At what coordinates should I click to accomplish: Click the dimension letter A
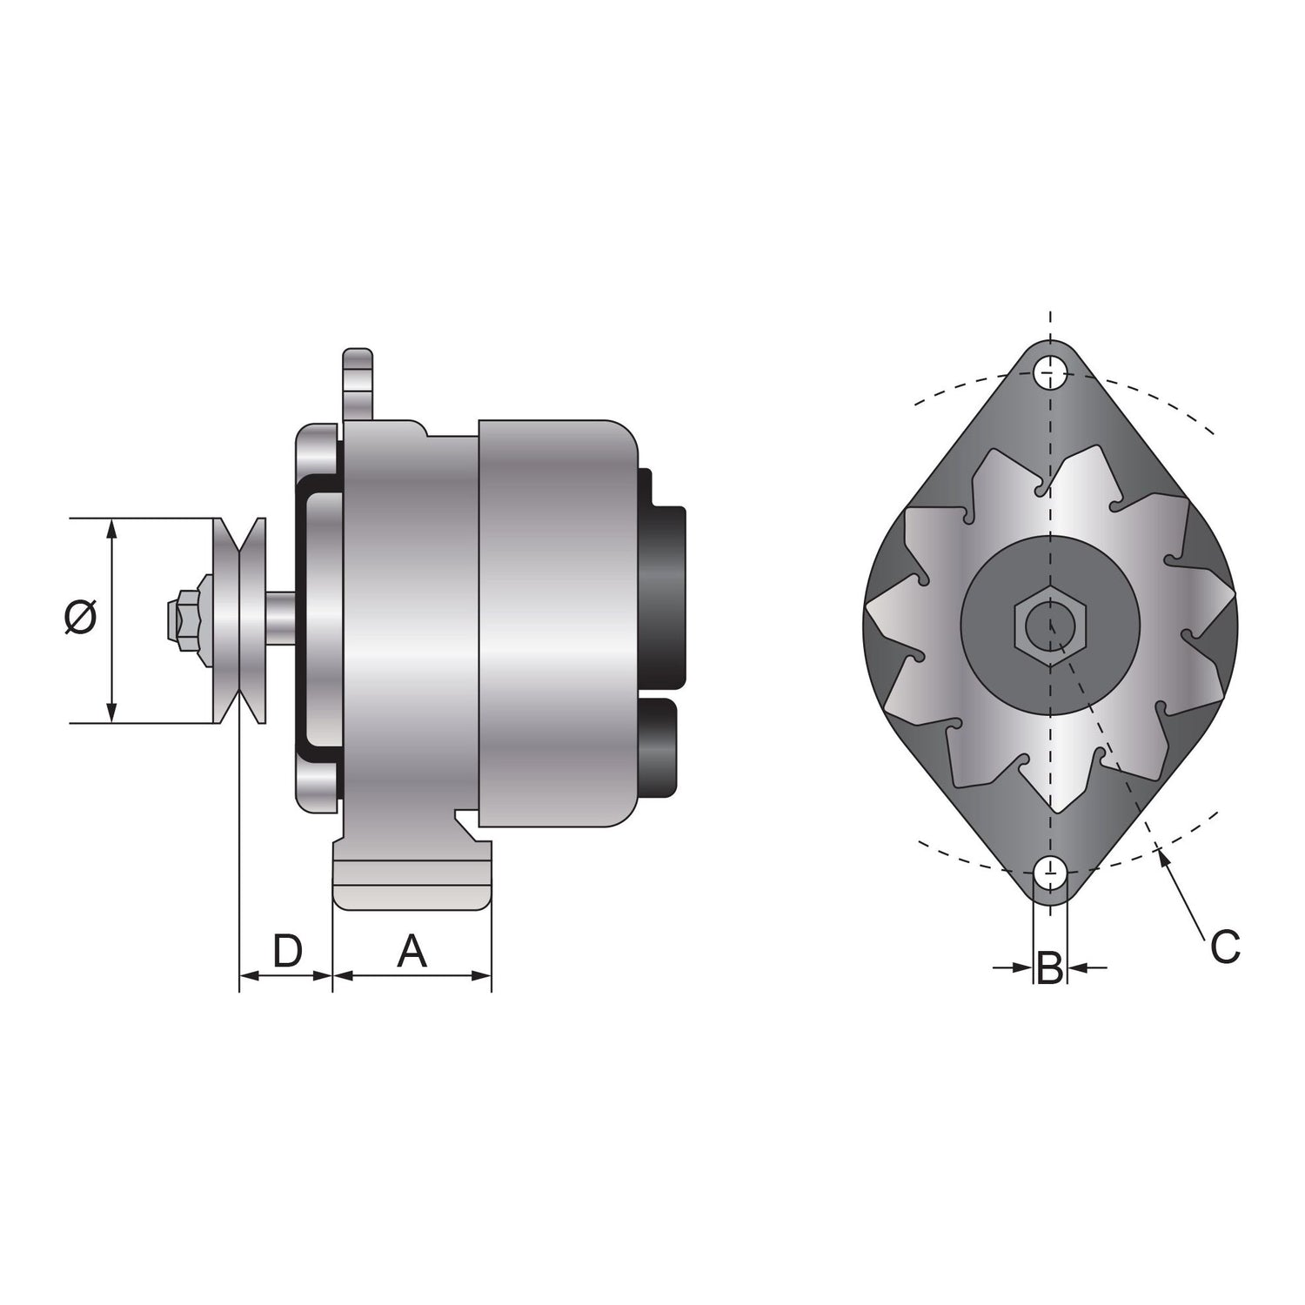412,951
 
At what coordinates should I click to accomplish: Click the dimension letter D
287,951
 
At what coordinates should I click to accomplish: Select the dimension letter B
1050,967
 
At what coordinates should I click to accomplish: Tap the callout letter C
1225,947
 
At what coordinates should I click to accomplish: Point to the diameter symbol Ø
80,618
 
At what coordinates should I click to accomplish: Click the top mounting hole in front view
1051,374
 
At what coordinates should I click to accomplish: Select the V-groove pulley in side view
240,620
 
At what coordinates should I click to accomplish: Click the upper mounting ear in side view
358,384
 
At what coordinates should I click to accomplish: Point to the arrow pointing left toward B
1077,966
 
